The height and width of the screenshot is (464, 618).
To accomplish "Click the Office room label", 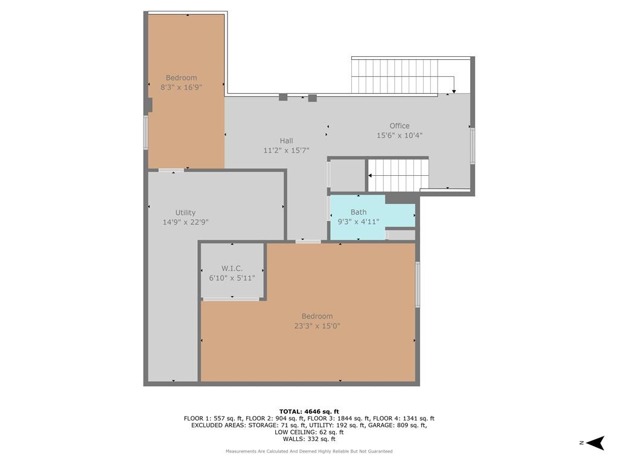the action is click(x=400, y=126).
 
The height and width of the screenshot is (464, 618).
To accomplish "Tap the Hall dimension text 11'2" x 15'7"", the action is click(x=286, y=150).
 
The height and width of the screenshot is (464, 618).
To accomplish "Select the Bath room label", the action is click(x=358, y=212).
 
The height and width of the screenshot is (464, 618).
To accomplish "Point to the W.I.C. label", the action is click(x=232, y=268).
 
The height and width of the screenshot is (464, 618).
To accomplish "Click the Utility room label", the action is click(x=185, y=213).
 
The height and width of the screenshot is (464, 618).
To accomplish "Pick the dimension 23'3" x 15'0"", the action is click(x=317, y=326).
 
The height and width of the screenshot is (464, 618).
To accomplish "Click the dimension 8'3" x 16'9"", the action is click(x=181, y=87).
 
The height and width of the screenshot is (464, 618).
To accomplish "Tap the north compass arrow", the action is click(x=595, y=443).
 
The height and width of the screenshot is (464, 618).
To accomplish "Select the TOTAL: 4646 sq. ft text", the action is click(x=309, y=411).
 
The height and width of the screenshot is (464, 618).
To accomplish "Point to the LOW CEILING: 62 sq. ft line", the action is click(x=309, y=432).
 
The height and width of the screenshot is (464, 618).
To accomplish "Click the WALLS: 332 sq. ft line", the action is click(x=309, y=439).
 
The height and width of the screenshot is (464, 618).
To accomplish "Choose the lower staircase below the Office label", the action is click(x=398, y=175).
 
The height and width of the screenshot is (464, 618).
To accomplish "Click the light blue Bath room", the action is click(x=372, y=217).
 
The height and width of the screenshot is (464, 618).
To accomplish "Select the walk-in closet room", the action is click(x=232, y=271).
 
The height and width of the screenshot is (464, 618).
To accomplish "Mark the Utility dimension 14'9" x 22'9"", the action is click(x=185, y=222).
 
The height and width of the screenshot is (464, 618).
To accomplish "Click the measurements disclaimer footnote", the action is click(x=309, y=451).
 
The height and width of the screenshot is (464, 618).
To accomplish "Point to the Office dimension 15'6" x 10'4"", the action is click(x=400, y=135).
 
